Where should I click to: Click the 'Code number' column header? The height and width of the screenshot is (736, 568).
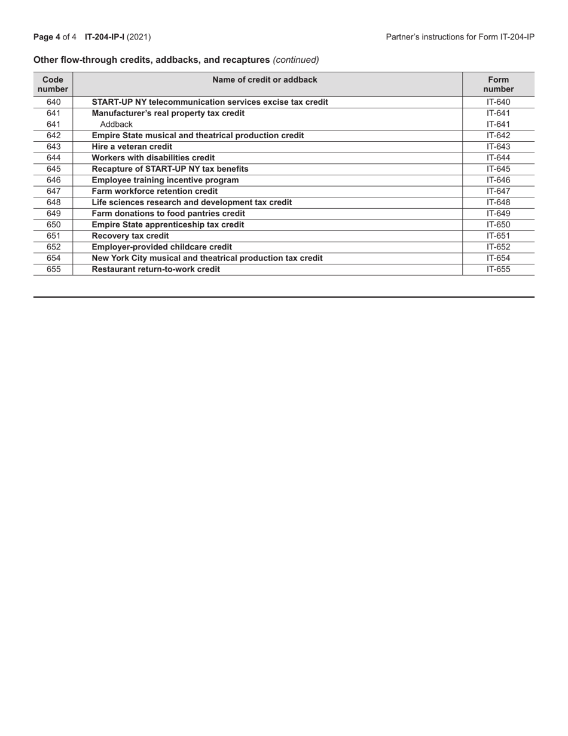pyautogui.click(x=53, y=84)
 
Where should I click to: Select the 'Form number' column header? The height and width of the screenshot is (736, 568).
pyautogui.click(x=498, y=84)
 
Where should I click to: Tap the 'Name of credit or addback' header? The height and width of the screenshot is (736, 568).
pyautogui.click(x=267, y=80)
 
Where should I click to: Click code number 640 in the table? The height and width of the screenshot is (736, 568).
pyautogui.click(x=53, y=102)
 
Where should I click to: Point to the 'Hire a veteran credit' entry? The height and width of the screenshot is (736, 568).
pyautogui.click(x=132, y=147)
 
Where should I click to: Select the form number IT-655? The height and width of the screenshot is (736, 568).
pyautogui.click(x=498, y=269)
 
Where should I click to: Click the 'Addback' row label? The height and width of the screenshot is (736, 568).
pyautogui.click(x=116, y=124)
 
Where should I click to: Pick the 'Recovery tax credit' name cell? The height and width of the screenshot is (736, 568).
pyautogui.click(x=130, y=236)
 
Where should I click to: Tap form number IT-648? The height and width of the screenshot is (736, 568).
pyautogui.click(x=498, y=202)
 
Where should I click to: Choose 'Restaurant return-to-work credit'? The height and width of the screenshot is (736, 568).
pyautogui.click(x=155, y=269)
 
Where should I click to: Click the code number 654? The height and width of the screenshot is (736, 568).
pyautogui.click(x=53, y=258)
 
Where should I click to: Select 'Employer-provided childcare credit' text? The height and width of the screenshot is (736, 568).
pyautogui.click(x=161, y=247)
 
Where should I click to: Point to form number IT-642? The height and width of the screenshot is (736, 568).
pyautogui.click(x=498, y=135)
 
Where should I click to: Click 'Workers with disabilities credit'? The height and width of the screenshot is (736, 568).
pyautogui.click(x=153, y=158)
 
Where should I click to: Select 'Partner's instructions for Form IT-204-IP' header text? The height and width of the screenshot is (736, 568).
pyautogui.click(x=460, y=37)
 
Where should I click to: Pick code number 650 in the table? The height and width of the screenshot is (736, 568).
pyautogui.click(x=53, y=225)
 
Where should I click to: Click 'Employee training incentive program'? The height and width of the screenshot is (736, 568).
pyautogui.click(x=165, y=180)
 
